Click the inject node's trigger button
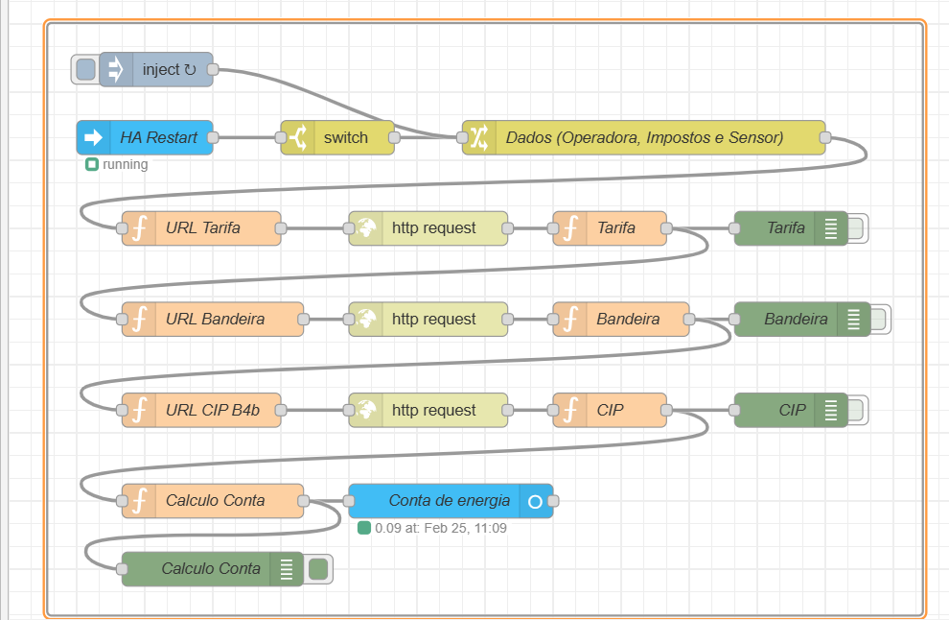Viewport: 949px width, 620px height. point(86,70)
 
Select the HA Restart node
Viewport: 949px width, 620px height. point(145,137)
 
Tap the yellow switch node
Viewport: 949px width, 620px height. point(337,137)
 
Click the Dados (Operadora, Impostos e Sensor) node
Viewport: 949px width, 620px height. point(643,137)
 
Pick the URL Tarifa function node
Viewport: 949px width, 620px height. point(201,228)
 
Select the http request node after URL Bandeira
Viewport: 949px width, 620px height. point(428,320)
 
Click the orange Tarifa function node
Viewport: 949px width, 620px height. point(610,228)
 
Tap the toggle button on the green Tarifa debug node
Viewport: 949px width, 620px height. point(856,228)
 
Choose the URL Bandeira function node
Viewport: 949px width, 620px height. point(213,320)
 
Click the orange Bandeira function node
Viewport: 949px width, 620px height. point(621,320)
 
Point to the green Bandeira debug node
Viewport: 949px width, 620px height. point(802,320)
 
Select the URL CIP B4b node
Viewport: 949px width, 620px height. point(201,411)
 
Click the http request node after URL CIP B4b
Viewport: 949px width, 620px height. point(428,411)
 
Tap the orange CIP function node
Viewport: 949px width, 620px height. point(610,411)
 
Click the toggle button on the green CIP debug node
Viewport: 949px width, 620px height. point(856,411)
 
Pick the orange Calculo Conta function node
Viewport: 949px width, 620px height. point(213,501)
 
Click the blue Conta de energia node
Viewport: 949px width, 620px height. point(451,501)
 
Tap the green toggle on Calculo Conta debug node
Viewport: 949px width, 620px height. point(318,569)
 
